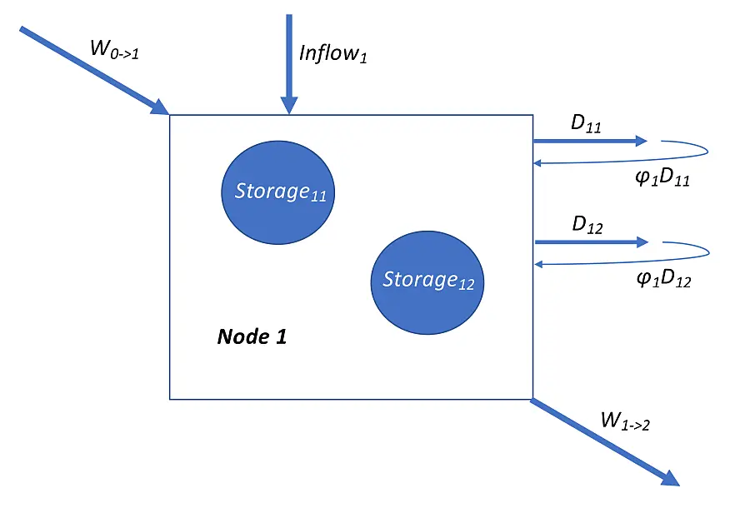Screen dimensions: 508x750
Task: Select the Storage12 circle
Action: click(x=427, y=281)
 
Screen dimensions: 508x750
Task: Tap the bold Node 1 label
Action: click(x=252, y=336)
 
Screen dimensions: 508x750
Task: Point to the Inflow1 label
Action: click(x=332, y=56)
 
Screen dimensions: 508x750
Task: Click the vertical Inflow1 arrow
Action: click(x=288, y=58)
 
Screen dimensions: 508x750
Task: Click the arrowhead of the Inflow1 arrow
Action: click(x=288, y=105)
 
